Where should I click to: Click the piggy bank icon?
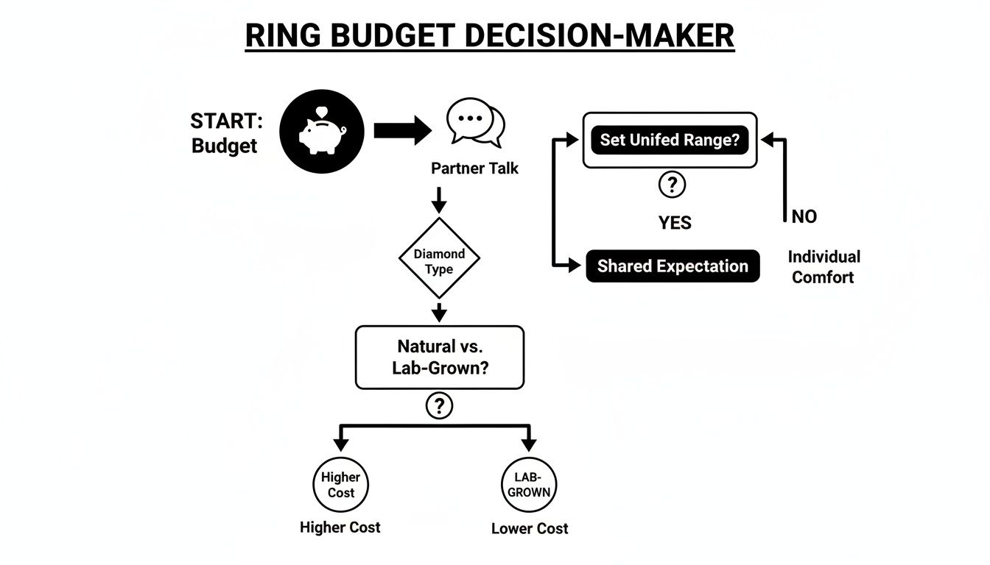click(322, 132)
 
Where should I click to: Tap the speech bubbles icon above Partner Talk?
click(475, 123)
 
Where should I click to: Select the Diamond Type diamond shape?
click(439, 261)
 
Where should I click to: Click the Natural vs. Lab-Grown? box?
click(440, 357)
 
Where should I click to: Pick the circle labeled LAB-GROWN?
click(528, 485)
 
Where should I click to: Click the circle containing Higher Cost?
click(340, 485)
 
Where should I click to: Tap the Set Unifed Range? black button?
click(670, 140)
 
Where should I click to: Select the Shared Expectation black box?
click(673, 266)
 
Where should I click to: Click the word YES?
click(675, 223)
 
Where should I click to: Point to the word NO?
click(804, 216)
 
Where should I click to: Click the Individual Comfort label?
click(824, 267)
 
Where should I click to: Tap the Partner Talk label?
click(474, 168)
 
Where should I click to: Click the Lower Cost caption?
click(530, 528)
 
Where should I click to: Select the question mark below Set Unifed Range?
click(672, 185)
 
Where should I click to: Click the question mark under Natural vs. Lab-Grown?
click(439, 405)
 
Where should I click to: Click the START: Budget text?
click(225, 133)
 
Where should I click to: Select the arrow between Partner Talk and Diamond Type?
click(439, 199)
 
